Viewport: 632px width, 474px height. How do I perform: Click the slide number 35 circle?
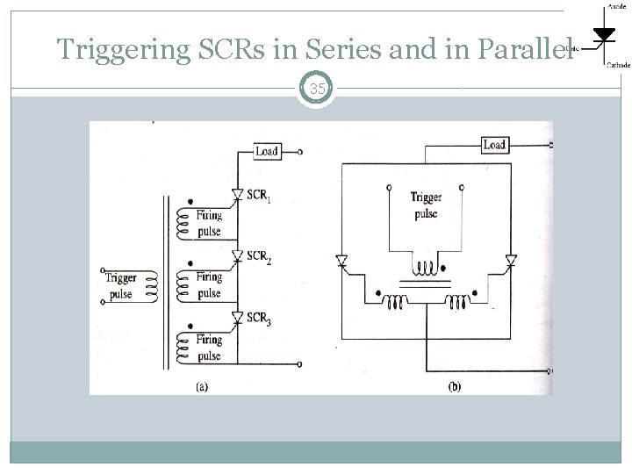316,88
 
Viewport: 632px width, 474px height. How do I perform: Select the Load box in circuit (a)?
267,151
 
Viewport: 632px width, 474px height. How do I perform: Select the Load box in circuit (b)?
494,144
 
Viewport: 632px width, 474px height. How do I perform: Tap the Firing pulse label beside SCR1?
209,223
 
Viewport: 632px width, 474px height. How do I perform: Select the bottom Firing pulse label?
209,349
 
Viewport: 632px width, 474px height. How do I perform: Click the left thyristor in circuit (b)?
342,261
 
